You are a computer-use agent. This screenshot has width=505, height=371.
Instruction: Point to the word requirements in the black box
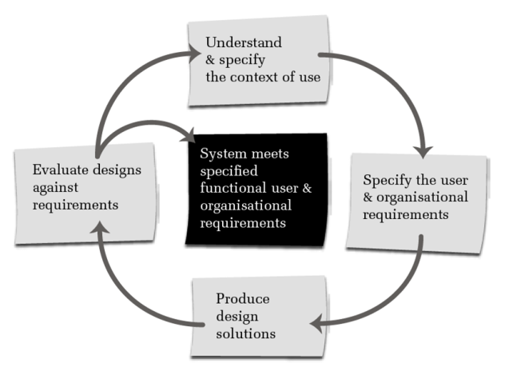click(x=237, y=223)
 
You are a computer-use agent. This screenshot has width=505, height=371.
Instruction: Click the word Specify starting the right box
click(x=384, y=179)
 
